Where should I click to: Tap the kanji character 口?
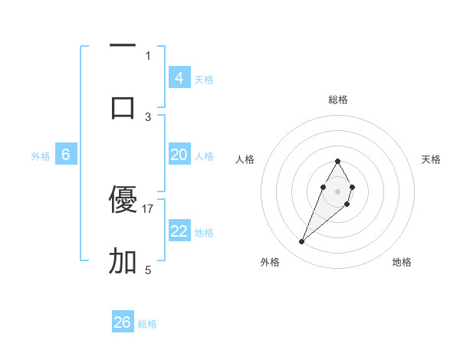coord(123,107)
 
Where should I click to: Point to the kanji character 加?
coord(123,261)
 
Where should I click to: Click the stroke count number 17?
coord(148,208)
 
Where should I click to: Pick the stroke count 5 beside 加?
coord(148,270)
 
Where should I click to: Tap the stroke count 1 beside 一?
coord(148,55)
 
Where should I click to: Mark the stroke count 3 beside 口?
coord(148,116)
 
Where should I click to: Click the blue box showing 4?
coord(179,77)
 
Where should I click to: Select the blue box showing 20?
coord(179,155)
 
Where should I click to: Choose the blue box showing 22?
coord(179,231)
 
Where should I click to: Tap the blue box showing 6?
coord(66,155)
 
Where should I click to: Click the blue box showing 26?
coord(123,322)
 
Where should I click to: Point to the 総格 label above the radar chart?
coord(338,100)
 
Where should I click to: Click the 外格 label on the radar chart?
coord(270,262)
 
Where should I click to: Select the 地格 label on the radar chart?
coord(402,262)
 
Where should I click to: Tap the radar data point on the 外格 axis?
coord(301,242)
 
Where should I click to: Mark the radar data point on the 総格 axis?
coord(337,161)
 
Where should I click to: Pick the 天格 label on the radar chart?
coord(431,159)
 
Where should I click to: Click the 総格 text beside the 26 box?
coord(147,324)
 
